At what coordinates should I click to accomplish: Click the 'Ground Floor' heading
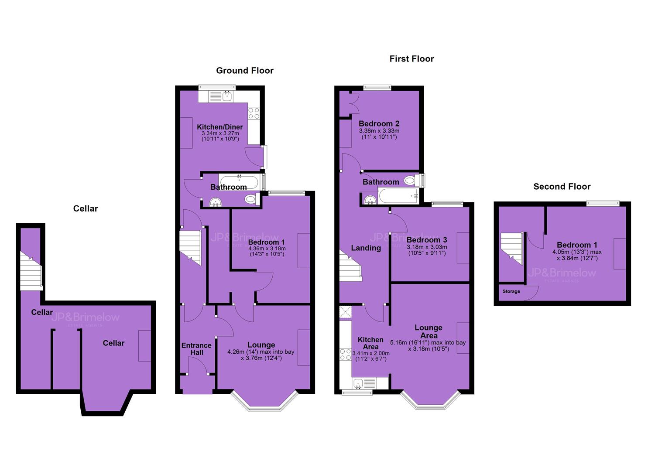pos(245,71)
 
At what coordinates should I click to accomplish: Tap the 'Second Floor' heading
pos(562,187)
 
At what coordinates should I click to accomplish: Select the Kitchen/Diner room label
pos(220,126)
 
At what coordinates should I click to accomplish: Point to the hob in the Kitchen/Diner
pos(254,113)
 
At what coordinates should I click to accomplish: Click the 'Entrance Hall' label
pos(196,349)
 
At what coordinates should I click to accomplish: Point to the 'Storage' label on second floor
pos(511,291)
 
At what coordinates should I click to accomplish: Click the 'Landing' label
pos(366,248)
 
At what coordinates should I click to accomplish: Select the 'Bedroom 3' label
pos(427,240)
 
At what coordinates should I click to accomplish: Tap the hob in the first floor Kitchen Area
pos(346,355)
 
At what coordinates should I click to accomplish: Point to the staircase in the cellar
pos(31,271)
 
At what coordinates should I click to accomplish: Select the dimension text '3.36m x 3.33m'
pos(379,131)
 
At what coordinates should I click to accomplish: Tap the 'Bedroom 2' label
pos(379,123)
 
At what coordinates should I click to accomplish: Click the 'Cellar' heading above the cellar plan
pos(86,208)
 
